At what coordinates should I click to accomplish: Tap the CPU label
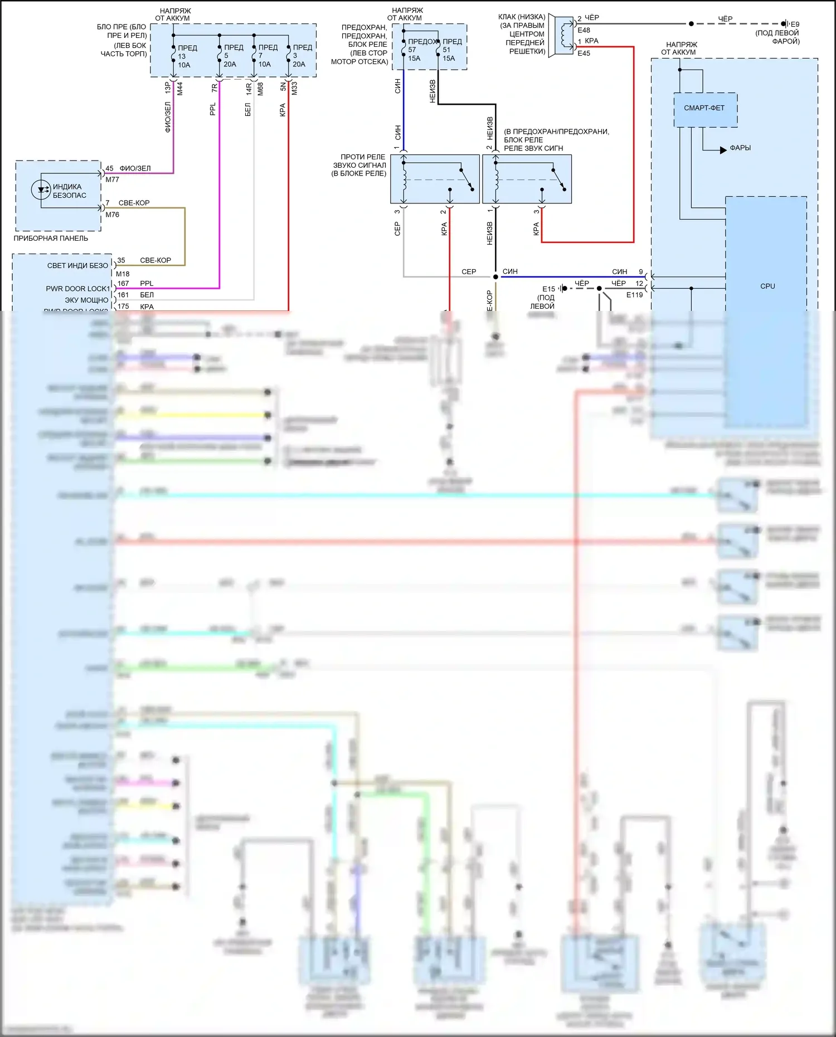767,286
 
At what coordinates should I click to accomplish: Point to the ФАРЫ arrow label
740,148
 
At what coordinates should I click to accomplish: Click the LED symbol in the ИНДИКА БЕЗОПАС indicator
41,190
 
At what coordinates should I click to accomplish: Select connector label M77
112,179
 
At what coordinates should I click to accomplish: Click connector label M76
112,215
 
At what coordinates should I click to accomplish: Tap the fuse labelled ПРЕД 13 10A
174,56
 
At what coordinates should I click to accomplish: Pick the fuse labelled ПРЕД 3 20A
289,56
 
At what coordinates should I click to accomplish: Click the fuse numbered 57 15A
404,50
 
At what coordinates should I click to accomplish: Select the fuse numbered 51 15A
439,50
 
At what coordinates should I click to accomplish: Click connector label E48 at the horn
584,30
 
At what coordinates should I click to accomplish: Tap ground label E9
795,25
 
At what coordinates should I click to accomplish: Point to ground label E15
548,289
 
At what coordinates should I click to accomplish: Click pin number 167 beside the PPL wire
123,284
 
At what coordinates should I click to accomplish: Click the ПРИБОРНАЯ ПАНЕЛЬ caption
51,238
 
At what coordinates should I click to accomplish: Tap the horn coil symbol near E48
566,35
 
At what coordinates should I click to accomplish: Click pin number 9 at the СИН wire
641,272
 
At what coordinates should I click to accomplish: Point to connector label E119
634,295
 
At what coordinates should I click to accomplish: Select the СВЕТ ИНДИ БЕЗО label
77,266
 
